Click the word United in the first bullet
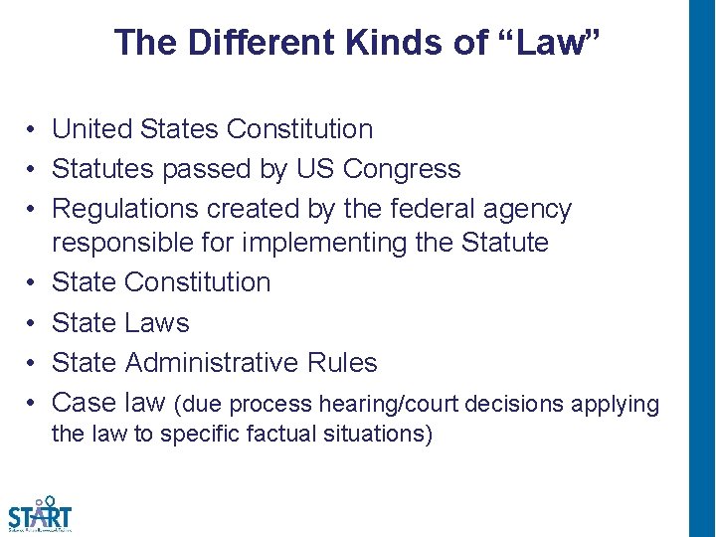pyautogui.click(x=92, y=129)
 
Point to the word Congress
pyautogui.click(x=402, y=170)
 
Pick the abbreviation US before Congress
pyautogui.click(x=315, y=169)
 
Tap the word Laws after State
pyautogui.click(x=157, y=323)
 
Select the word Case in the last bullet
pyautogui.click(x=83, y=403)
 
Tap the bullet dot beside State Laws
pyautogui.click(x=33, y=323)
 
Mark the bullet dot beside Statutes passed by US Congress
pyautogui.click(x=33, y=170)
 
